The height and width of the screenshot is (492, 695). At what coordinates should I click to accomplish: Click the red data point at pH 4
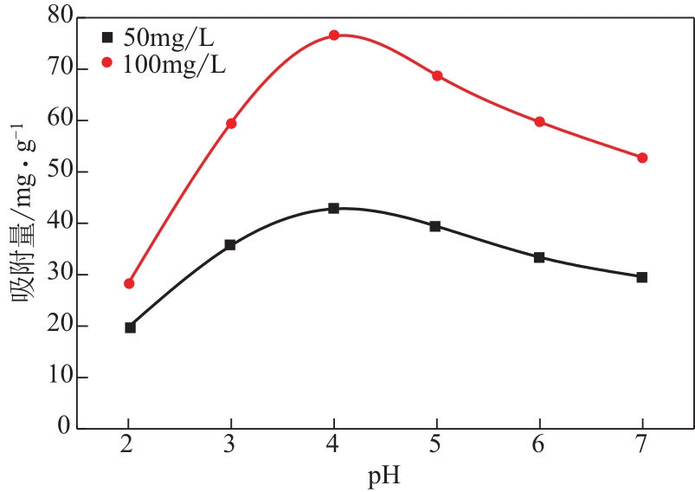tap(333, 35)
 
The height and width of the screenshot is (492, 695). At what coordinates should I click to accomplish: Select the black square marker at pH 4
tap(333, 208)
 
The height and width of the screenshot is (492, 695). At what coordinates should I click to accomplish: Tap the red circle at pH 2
tap(129, 283)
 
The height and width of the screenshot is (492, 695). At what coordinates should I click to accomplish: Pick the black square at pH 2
tap(130, 327)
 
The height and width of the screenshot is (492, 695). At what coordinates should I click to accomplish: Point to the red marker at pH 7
tap(642, 158)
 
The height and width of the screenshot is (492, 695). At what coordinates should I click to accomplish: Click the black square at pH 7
tap(641, 277)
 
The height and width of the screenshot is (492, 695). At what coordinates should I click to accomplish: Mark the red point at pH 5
tap(437, 75)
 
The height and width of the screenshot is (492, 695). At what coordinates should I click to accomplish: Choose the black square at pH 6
tap(539, 257)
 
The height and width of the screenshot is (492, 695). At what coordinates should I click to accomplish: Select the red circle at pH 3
tap(231, 123)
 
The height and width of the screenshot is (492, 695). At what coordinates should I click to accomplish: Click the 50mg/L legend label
tap(168, 38)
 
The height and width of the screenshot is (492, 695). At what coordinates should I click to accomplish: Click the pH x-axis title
tap(385, 476)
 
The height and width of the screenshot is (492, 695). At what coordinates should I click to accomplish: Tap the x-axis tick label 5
tap(436, 447)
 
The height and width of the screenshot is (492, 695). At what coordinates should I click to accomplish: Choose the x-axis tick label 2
tap(129, 447)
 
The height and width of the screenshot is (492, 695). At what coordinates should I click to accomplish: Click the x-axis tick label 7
tap(641, 447)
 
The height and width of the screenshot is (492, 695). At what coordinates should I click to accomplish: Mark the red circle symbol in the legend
tap(108, 63)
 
